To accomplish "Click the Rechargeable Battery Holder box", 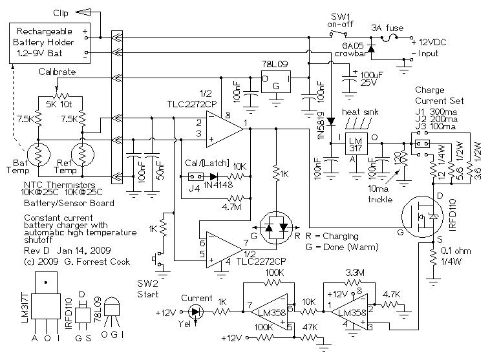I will pos(48,42).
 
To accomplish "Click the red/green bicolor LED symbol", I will pos(277,228).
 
